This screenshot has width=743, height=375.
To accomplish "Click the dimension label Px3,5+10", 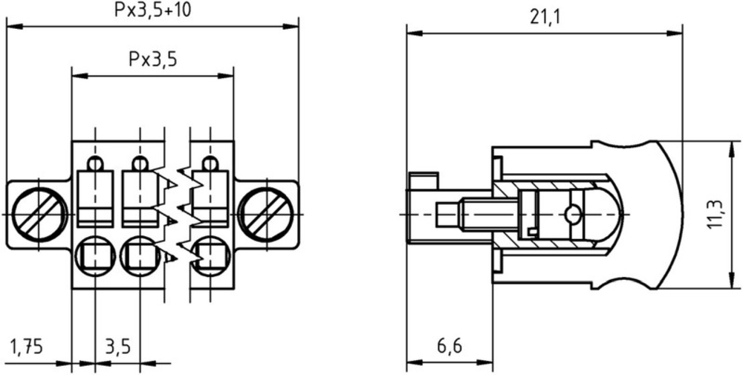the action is click(152, 10).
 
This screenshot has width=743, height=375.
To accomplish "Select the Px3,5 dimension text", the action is click(152, 59).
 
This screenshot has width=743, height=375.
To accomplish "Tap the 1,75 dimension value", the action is click(27, 347).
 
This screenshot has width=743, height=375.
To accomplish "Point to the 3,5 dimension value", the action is click(117, 347).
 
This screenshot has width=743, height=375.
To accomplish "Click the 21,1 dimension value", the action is click(545, 18).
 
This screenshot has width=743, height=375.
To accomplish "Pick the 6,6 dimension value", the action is click(449, 347).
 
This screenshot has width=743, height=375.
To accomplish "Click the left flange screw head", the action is click(40, 215).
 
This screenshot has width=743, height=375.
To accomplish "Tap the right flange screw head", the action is click(265, 215).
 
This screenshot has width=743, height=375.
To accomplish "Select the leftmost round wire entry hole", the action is click(95, 255).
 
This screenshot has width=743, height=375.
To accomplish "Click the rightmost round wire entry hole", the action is click(210, 255).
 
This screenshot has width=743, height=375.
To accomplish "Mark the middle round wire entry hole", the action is click(140, 255).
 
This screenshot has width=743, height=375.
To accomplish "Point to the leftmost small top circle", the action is click(95, 163).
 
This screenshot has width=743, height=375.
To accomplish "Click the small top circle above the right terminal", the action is click(210, 163).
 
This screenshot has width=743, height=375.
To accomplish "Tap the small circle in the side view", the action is click(572, 215).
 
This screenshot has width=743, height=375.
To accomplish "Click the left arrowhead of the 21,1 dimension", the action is click(414, 33).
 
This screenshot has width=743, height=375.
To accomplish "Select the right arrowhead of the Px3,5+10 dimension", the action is click(291, 26).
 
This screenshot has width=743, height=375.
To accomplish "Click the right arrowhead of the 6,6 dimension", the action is click(485, 363).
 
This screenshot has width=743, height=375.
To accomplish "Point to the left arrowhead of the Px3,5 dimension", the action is click(80, 76).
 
